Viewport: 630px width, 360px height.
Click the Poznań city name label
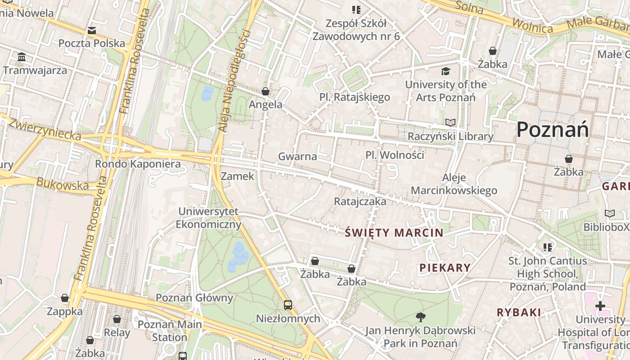click(x=552, y=130)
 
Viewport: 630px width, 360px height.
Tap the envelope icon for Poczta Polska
click(x=92, y=31)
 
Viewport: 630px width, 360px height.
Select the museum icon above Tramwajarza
click(x=22, y=57)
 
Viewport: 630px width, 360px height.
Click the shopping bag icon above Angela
click(x=265, y=91)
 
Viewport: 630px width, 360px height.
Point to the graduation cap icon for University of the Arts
click(x=445, y=71)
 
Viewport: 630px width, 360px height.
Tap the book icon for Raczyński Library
click(x=450, y=122)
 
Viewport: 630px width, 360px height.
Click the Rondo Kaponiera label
click(x=138, y=164)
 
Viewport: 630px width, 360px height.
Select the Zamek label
click(x=238, y=176)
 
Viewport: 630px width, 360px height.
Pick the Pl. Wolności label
click(x=395, y=155)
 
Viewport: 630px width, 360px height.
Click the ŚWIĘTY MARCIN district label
click(x=394, y=233)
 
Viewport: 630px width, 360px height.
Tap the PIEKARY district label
click(x=445, y=268)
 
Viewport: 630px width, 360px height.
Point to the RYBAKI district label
click(x=519, y=312)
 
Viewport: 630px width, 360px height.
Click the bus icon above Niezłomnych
click(x=288, y=305)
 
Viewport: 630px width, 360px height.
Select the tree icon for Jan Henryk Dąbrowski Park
click(x=420, y=317)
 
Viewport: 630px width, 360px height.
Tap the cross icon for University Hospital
click(x=600, y=306)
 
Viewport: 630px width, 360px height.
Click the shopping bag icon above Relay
click(x=117, y=319)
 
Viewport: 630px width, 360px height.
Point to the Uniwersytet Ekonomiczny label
click(x=208, y=218)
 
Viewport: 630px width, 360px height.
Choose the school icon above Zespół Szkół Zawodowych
click(x=356, y=9)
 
